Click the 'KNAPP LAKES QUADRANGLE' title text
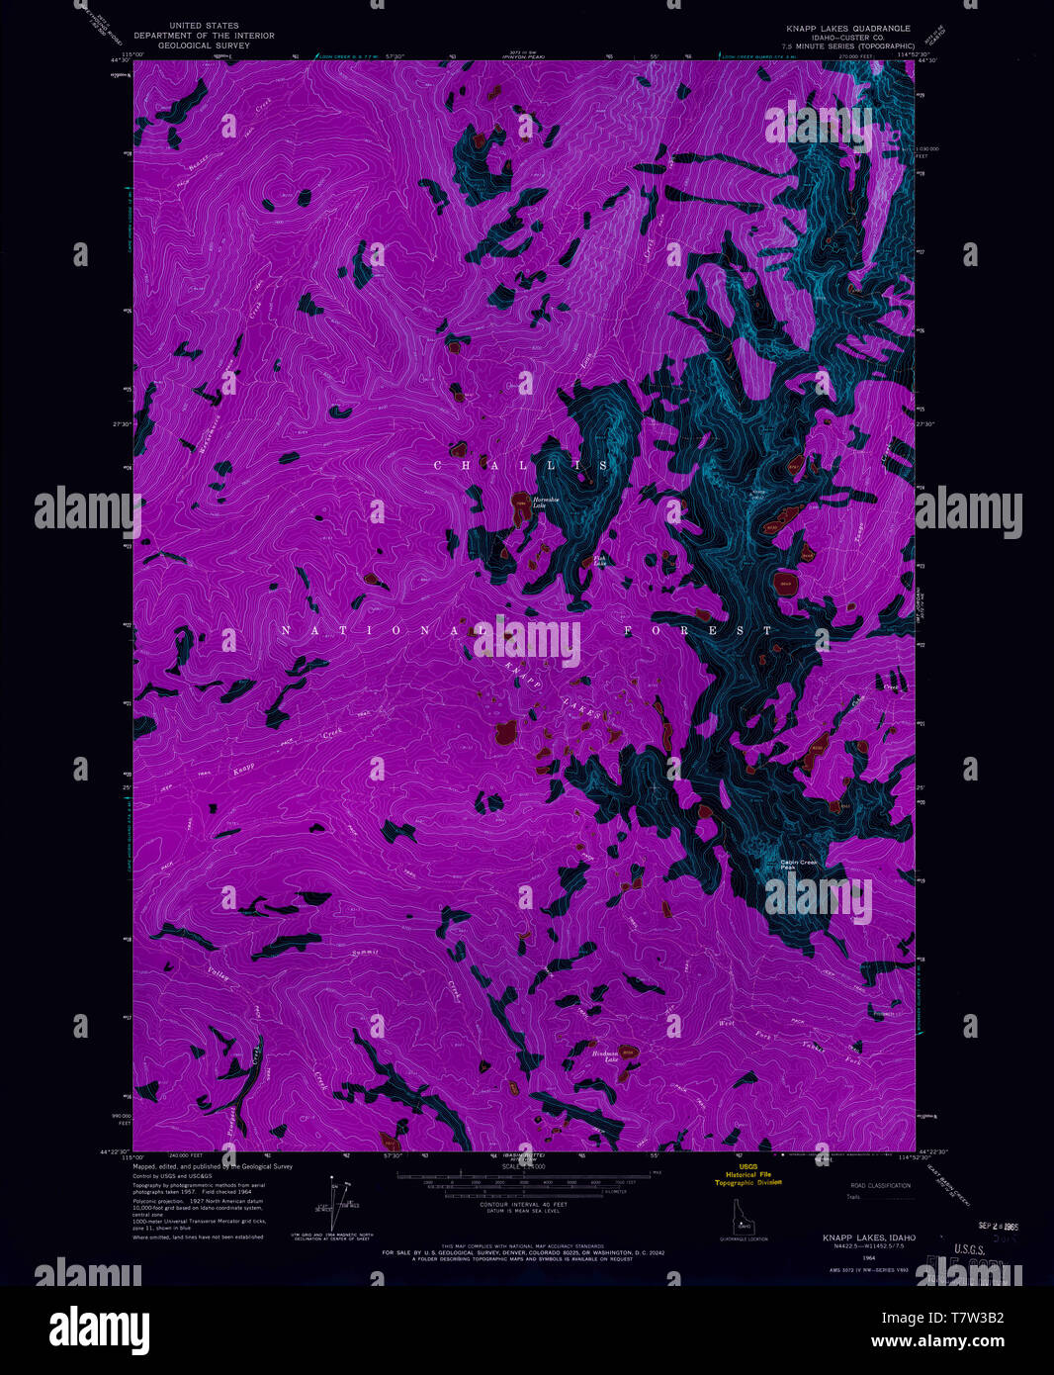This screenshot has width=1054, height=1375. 847,28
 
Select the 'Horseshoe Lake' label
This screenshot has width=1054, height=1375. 547,503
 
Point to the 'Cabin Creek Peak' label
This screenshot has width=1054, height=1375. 799,864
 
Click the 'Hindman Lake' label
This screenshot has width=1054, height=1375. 605,1054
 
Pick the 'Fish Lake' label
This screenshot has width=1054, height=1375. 599,561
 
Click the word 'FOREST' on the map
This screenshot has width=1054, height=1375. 698,630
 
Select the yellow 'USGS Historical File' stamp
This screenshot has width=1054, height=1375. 748,1174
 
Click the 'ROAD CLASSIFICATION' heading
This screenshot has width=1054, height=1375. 881,1184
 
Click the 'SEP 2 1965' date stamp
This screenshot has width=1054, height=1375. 997,1225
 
